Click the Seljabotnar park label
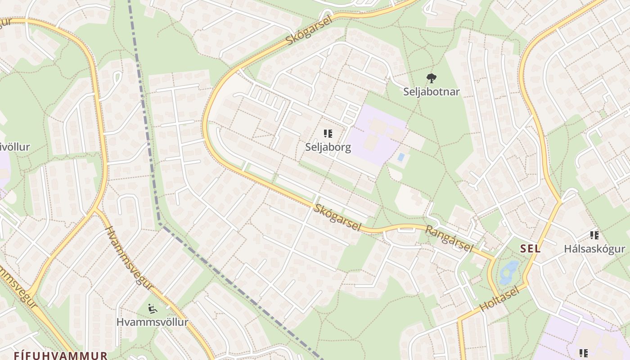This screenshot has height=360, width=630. point(431,92)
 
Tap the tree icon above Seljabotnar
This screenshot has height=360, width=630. point(431,78)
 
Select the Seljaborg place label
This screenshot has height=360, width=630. point(328,147)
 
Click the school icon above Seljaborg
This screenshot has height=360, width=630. point(328,134)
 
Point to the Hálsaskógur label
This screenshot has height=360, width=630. point(594,249)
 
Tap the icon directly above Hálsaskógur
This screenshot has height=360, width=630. point(594,235)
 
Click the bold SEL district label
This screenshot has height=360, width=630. point(531,249)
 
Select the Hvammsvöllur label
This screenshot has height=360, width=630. point(152,322)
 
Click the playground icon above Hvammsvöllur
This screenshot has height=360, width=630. point(153,309)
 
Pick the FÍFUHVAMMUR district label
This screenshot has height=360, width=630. point(60,355)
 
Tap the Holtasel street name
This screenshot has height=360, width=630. point(499,300)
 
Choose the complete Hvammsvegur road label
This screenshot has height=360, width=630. point(129,258)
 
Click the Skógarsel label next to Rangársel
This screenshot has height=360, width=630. point(337,217)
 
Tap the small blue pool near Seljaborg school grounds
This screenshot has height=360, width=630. point(400,157)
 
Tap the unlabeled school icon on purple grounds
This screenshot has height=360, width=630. point(584,353)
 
